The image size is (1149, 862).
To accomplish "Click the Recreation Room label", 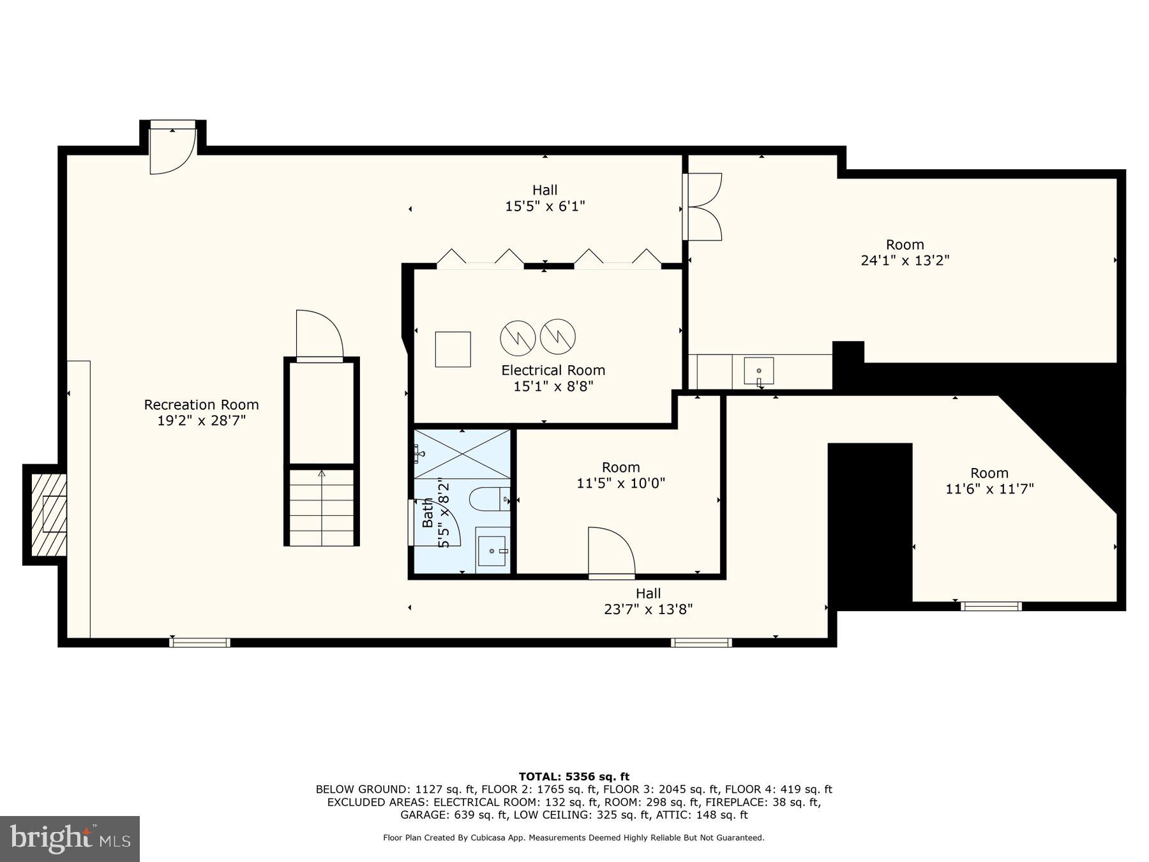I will click(201, 405).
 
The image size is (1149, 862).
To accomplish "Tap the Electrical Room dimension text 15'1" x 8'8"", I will click(553, 386).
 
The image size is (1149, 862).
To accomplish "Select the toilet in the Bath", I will click(489, 499).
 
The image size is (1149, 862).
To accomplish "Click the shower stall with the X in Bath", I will click(462, 454).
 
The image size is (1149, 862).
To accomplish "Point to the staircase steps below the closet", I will click(321, 508).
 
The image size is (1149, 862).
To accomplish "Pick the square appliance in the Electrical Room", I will click(453, 349).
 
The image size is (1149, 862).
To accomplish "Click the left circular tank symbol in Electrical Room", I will click(518, 338).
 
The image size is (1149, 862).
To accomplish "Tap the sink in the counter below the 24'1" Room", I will click(758, 371).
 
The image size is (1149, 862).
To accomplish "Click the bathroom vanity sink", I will click(493, 550).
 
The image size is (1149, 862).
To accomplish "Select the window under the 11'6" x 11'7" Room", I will click(991, 606).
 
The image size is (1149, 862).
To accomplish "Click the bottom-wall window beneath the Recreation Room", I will click(200, 642).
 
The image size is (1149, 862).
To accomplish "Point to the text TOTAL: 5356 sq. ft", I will click(574, 776).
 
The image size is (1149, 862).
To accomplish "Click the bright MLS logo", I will click(70, 838).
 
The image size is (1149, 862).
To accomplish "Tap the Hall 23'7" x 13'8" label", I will click(648, 601).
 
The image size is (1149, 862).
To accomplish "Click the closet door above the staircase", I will click(319, 336).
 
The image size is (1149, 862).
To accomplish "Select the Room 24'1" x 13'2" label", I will click(905, 252).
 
